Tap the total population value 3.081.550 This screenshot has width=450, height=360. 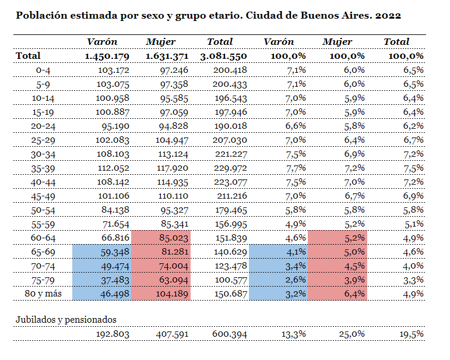223,56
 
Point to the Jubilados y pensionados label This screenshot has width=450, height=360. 66,319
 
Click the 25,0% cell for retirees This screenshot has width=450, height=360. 351,334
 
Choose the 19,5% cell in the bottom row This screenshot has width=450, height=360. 410,334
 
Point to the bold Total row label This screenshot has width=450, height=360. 29,56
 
